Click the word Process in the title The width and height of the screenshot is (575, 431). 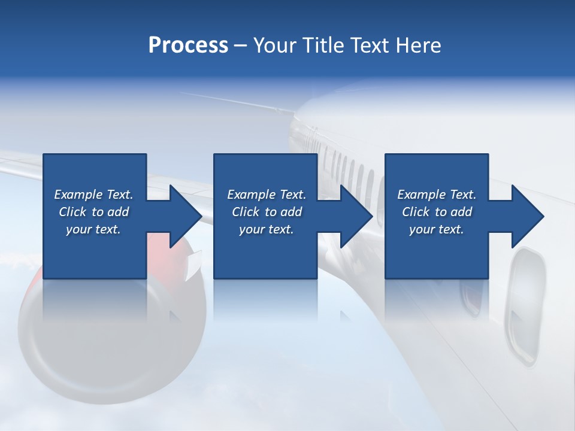[188, 45]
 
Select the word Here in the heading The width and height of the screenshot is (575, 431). [419, 45]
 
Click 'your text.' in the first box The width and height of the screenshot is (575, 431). [93, 229]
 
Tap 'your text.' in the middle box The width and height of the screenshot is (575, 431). [266, 229]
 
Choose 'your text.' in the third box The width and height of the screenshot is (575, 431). [437, 229]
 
